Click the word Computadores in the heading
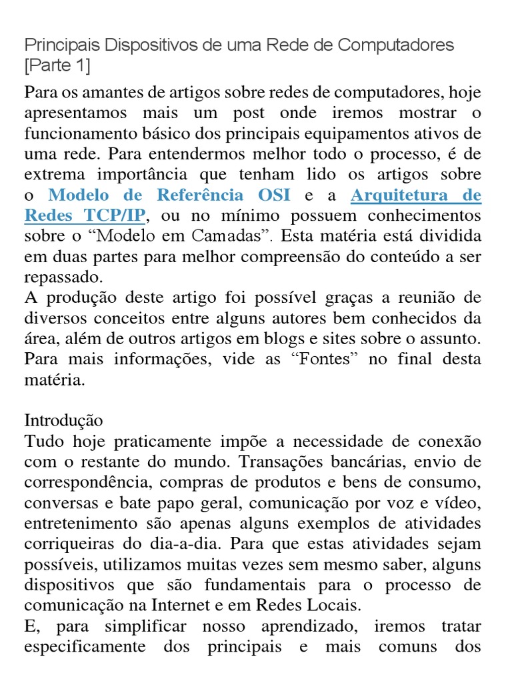[x=395, y=45]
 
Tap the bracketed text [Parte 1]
[x=57, y=67]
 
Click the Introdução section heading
[x=64, y=421]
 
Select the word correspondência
[x=79, y=482]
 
